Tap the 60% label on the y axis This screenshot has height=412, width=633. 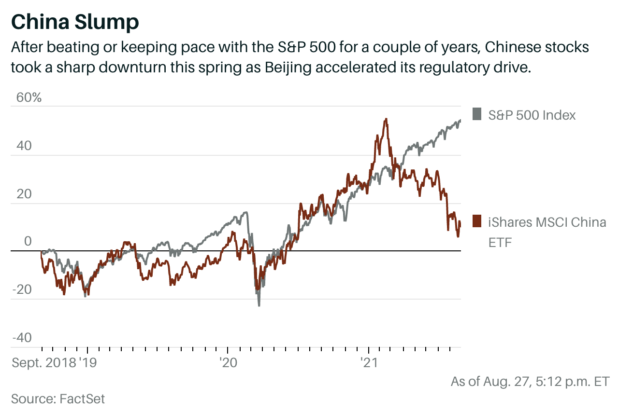tap(29, 97)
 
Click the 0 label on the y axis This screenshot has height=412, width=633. tap(28, 241)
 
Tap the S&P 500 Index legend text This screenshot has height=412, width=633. tap(532, 115)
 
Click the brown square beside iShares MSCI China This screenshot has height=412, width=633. tap(476, 220)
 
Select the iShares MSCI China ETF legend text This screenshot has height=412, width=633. tap(547, 232)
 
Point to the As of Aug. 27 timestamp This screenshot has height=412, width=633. tap(530, 381)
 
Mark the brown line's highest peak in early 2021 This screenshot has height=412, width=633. tap(385, 119)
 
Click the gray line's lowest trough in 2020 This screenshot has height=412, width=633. tap(259, 305)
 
